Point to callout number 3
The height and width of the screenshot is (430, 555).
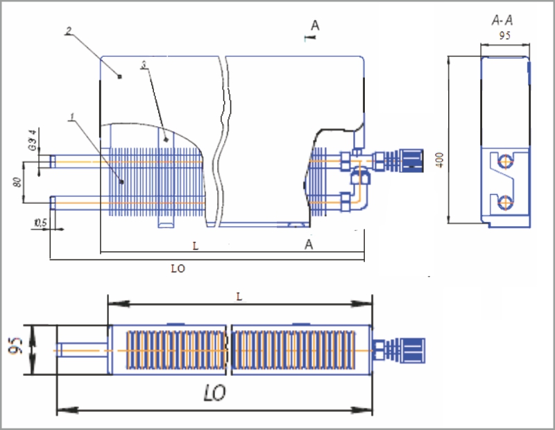143,64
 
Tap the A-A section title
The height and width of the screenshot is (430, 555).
502,22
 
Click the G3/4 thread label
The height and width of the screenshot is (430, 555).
32,139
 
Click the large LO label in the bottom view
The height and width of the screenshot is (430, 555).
215,394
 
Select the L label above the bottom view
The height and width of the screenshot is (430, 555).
239,295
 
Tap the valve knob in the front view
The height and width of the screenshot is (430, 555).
412,160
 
